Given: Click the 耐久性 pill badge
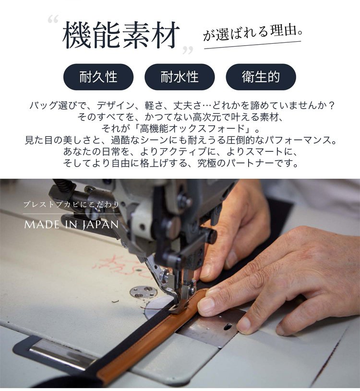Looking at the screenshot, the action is coord(98,77).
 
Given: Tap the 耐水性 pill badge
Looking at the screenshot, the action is coord(180,77).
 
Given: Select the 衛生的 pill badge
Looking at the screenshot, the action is coord(261,77).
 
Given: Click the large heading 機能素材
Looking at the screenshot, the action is coord(121,35).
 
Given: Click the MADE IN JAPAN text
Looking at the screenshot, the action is coord(71,224).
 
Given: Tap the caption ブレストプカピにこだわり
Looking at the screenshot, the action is coord(72,205).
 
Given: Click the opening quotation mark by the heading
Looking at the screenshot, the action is coord(53,19).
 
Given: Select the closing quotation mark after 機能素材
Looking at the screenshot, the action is coord(188,50).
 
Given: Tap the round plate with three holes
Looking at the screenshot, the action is coord(144,292).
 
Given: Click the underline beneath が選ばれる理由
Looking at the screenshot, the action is coord(252,45).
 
